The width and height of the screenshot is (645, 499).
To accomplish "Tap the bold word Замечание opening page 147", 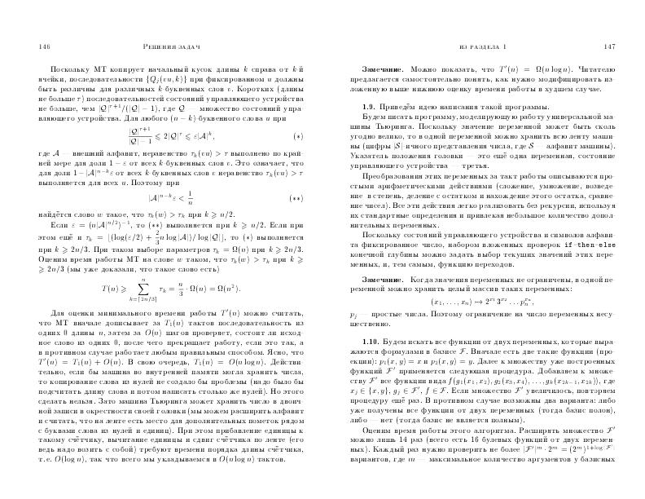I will point(384,72).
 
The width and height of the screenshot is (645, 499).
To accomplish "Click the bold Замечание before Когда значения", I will point(384,278).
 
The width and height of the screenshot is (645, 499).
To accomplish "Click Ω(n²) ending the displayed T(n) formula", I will point(227,289).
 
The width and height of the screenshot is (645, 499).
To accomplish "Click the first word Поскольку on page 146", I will point(68,72).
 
